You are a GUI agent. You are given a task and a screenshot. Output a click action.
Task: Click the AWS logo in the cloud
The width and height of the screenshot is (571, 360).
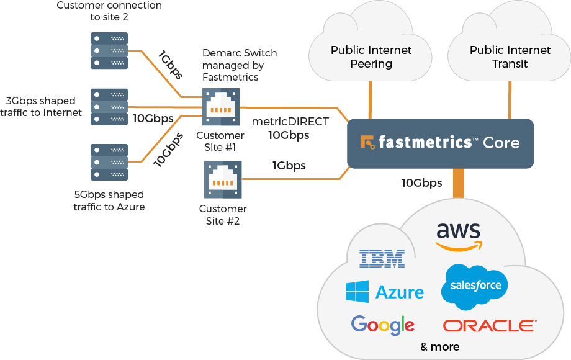pos(458,236)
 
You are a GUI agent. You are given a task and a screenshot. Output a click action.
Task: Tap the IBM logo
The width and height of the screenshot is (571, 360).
pos(382,258)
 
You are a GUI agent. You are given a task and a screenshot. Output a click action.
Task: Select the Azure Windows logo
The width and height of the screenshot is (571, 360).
pos(357,292)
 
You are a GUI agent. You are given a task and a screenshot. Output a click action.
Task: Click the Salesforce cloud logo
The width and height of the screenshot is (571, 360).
pos(474,286)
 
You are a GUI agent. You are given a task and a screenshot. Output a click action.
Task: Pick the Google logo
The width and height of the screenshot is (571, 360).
pos(382,324)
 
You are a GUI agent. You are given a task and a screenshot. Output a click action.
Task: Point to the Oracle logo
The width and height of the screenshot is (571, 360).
pos(490,325)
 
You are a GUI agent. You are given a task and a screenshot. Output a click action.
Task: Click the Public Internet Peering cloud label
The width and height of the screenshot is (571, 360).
pos(371,56)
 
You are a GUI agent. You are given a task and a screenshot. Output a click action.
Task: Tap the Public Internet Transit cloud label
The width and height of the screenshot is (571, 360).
pos(510,56)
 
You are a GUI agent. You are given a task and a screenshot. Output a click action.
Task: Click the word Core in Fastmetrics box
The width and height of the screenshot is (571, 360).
pos(501,143)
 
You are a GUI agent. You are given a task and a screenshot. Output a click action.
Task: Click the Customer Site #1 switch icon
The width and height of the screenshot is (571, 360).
pos(220,107)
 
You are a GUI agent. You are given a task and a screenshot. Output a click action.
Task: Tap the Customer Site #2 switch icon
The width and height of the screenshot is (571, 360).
pos(222,178)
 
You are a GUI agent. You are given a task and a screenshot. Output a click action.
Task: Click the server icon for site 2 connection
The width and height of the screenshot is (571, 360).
pos(109,51)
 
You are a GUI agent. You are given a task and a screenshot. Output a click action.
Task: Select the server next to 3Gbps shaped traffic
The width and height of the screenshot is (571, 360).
pos(109,106)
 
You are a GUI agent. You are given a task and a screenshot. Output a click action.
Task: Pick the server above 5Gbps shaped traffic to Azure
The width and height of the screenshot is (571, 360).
pos(109,163)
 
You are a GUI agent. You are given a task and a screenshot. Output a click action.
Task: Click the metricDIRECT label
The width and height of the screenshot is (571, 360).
pos(289,122)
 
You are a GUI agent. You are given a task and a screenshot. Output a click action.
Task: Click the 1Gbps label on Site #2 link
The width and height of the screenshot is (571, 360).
pos(289,166)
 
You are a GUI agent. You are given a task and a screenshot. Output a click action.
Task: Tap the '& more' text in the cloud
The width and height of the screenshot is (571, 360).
pos(439,346)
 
